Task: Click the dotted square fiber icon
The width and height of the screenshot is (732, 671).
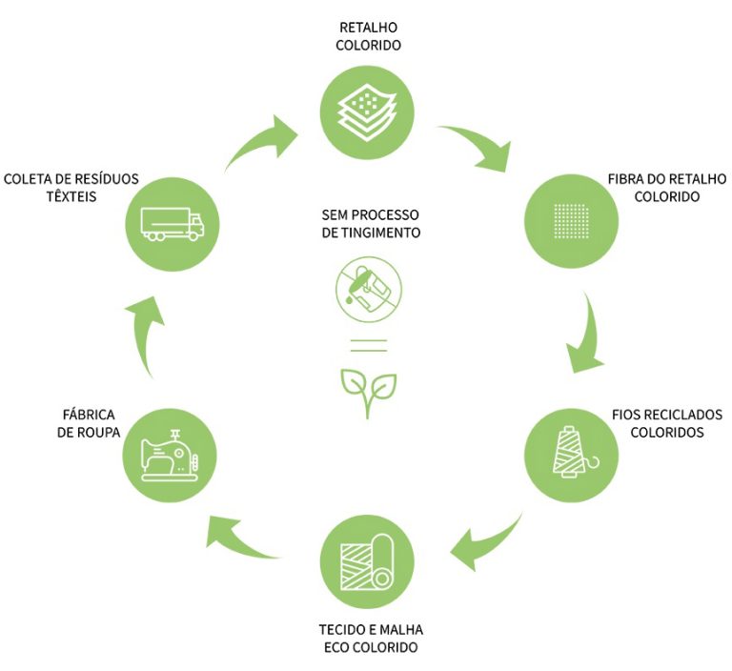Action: coord(572,219)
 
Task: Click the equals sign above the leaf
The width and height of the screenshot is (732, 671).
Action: coord(367,345)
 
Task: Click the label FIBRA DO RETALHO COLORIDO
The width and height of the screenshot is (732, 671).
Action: coord(666,188)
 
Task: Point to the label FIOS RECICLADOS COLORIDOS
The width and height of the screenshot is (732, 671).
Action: coord(666,423)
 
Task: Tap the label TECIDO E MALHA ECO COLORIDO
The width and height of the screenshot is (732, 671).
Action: coord(370,639)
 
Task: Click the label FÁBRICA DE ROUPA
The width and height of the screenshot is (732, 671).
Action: coord(87,423)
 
